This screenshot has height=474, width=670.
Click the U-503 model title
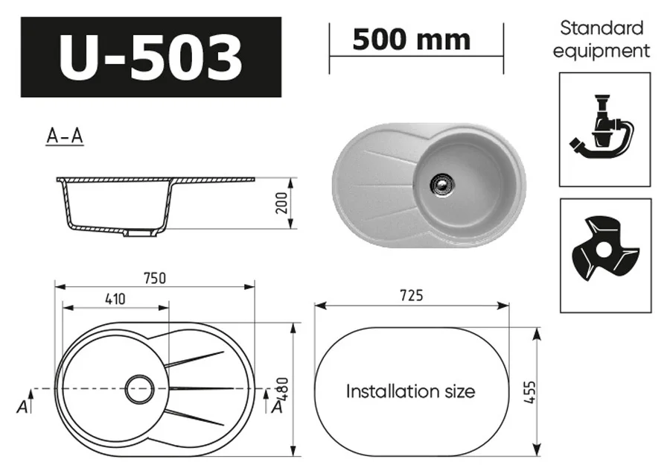150,57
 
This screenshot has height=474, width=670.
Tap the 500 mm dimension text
411,39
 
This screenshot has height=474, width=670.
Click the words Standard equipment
604,39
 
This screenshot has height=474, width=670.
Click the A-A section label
64,136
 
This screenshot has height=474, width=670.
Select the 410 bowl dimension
115,298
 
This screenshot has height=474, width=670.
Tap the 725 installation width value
410,296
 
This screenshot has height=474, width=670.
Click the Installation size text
410,391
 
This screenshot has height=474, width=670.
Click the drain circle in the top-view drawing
139,388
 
